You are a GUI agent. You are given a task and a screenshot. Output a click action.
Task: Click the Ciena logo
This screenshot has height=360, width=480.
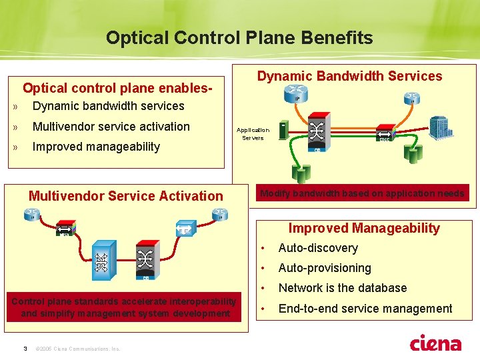435,343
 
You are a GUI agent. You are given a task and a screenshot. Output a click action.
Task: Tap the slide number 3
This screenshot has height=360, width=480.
25,348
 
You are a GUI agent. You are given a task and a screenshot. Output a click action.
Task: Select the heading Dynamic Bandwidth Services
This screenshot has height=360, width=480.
349,76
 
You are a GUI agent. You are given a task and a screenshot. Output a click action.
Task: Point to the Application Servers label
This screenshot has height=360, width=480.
253,134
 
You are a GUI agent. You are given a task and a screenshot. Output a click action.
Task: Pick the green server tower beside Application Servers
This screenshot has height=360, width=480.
284,131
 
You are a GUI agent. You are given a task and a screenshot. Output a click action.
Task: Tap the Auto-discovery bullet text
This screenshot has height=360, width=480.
318,248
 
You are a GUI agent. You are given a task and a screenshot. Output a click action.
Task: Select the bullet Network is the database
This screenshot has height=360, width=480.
342,288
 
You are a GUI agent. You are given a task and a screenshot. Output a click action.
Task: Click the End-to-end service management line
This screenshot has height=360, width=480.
365,309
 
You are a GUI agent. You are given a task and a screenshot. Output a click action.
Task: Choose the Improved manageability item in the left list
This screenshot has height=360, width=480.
96,147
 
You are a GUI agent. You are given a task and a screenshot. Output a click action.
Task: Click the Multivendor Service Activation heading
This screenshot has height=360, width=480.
126,196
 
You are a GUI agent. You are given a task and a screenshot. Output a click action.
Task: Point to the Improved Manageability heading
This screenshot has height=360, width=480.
364,228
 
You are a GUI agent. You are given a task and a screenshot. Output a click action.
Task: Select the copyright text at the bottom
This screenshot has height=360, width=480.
78,349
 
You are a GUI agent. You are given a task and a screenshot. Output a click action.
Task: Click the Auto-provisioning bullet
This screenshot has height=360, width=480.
325,268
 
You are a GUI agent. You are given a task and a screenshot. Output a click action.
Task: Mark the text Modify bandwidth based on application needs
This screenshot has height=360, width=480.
362,193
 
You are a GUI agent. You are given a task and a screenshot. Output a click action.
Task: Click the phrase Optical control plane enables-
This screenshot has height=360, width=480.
118,88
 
